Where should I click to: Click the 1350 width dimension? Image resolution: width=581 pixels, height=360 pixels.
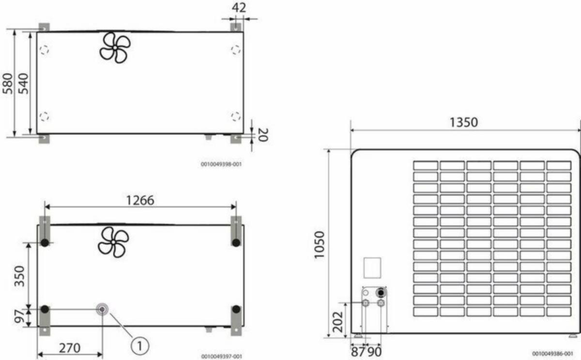point(463,122)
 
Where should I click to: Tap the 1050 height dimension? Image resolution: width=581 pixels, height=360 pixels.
point(319,245)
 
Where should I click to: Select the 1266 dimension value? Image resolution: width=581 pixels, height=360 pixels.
point(140,201)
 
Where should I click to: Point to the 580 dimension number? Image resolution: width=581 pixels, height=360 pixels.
point(8,83)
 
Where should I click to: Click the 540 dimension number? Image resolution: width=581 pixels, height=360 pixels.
point(24,83)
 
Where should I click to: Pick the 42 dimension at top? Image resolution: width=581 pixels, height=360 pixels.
point(239,8)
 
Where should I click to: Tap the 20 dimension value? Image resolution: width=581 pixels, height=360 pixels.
point(263,135)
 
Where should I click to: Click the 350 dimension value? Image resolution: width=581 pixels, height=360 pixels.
point(19,276)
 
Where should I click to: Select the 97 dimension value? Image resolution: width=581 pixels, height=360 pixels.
point(19,316)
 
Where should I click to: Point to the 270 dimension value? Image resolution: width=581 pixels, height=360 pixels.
point(70,348)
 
